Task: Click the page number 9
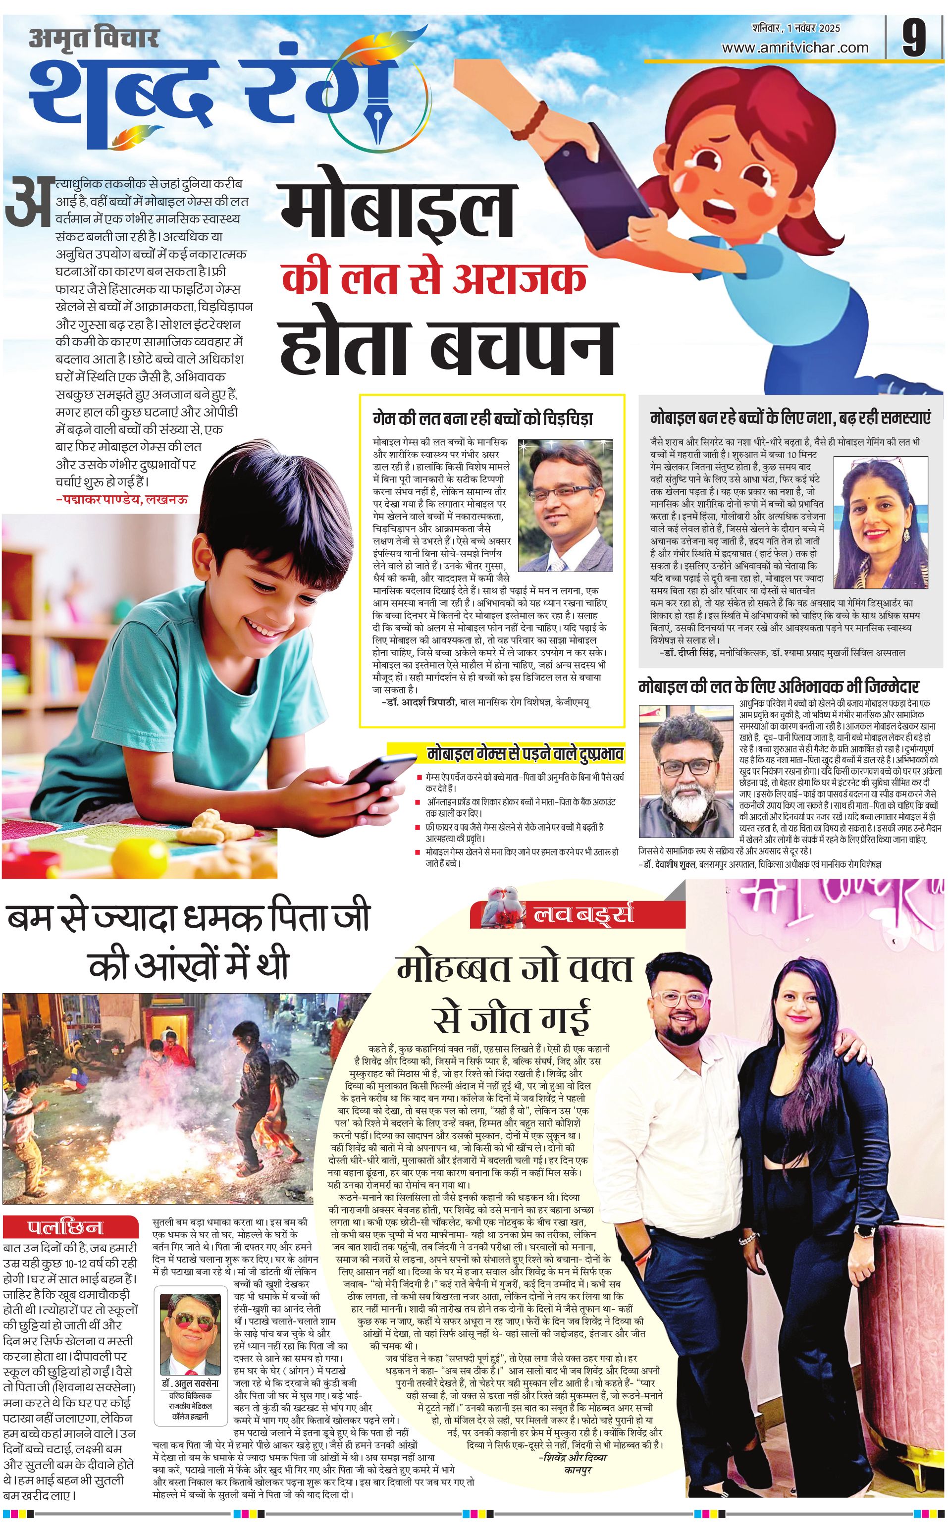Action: [914, 39]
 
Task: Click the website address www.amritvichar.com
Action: [794, 48]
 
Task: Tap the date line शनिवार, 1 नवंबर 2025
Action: [796, 28]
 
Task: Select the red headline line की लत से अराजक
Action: [434, 278]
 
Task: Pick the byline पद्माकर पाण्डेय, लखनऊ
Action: [121, 500]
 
